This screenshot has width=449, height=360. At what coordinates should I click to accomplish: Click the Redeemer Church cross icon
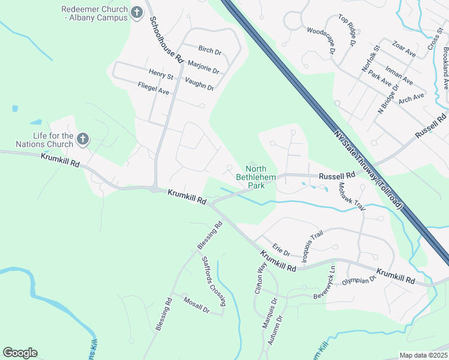[x=137, y=11]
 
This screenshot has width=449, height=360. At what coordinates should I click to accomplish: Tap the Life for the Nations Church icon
[x=83, y=140]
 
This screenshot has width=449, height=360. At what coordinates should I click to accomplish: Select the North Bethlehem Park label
[x=259, y=176]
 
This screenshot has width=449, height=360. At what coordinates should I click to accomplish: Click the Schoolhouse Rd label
[x=166, y=37]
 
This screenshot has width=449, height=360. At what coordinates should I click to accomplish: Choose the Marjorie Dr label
[x=203, y=67]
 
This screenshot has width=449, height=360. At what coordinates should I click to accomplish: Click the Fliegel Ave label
[x=154, y=89]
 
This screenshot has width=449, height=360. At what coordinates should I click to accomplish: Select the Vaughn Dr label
[x=199, y=84]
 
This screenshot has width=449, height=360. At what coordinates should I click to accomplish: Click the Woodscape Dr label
[x=321, y=41]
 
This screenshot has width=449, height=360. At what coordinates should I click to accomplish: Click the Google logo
[x=20, y=353]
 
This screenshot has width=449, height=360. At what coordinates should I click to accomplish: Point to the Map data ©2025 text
[x=423, y=355]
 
